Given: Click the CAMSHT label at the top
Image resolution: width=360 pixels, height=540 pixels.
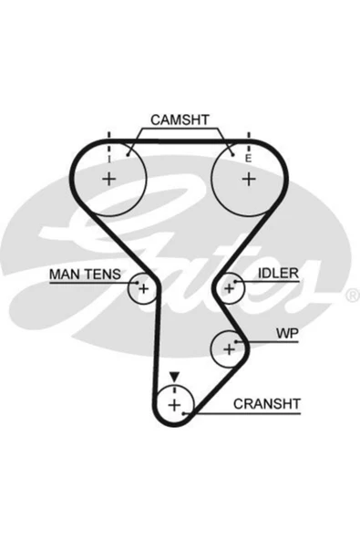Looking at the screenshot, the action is (x=180, y=119).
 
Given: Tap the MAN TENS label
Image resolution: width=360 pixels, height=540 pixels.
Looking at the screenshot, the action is (x=85, y=275).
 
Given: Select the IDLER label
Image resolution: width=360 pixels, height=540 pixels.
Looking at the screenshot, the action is (x=279, y=273).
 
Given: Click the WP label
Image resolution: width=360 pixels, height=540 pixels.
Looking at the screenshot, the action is (x=287, y=333).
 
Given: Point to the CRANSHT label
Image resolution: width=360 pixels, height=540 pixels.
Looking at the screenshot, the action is (x=267, y=404).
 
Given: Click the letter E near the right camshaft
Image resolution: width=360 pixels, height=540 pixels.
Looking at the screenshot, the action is (x=248, y=159).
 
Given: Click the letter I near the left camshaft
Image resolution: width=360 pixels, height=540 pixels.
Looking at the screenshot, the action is (x=109, y=159).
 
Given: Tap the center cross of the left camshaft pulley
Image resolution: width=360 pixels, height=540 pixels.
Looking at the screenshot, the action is (x=109, y=179).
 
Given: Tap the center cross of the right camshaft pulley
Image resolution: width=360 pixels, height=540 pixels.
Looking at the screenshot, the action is (x=249, y=179).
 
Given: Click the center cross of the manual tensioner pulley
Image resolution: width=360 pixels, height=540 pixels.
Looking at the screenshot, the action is (x=143, y=288).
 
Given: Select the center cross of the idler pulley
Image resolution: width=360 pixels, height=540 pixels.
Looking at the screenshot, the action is (x=229, y=288).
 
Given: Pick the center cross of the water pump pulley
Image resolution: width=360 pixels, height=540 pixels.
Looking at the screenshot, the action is (x=229, y=349).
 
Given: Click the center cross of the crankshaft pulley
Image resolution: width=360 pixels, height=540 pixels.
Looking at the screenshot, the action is (x=174, y=405).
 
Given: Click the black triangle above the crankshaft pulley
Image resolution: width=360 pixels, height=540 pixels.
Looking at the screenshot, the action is (x=174, y=377).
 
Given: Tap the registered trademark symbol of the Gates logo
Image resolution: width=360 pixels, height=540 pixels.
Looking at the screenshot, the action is (x=352, y=296).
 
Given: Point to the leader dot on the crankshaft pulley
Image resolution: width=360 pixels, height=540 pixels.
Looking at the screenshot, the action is (x=184, y=413).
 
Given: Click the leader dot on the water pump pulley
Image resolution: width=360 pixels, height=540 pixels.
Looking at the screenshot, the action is (x=236, y=342).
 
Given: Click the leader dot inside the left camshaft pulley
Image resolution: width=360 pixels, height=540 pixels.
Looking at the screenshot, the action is (x=128, y=155).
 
